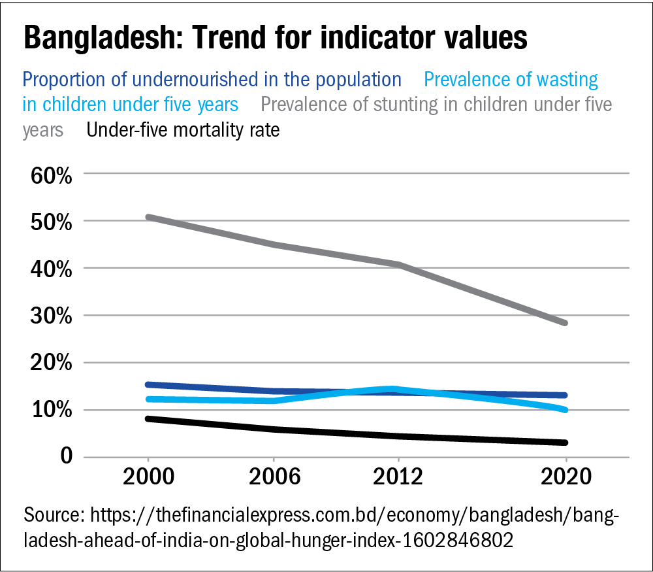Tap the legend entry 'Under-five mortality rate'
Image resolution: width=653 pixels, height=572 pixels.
183,131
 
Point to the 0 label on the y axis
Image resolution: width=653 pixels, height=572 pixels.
62,456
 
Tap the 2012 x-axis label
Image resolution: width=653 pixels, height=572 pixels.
398,476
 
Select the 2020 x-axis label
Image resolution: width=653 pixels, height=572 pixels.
565,476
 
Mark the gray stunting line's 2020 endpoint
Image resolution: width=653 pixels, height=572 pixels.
565,323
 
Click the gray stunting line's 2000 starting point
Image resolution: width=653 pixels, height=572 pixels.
148,217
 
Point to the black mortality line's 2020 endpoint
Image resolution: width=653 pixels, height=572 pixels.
565,443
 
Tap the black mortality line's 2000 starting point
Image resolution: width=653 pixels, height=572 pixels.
148,418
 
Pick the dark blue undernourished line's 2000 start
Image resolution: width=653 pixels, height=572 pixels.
148,384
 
